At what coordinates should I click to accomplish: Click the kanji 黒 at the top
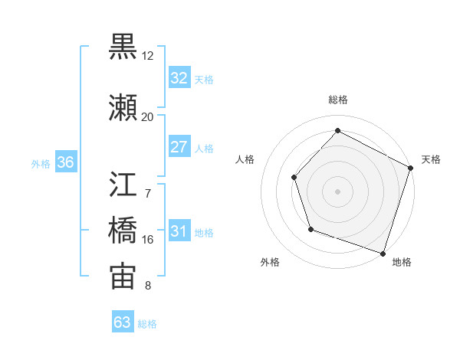coord(123,47)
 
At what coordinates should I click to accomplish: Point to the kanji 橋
coord(123,230)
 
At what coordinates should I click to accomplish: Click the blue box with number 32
coord(179,78)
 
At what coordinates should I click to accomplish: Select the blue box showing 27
coord(179,147)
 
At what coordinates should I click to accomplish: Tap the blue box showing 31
coord(179,232)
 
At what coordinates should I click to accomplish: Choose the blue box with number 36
coord(65,162)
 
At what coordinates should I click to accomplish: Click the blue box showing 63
coord(123,322)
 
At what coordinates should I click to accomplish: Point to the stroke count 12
coord(147,56)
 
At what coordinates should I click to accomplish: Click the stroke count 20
coord(147,116)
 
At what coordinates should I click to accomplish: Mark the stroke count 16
coord(147,240)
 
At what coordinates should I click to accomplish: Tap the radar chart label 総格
coord(338,100)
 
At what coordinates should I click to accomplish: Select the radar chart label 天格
coord(431,159)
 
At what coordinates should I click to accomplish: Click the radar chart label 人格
coord(245,159)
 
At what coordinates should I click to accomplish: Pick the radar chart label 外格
coord(270,263)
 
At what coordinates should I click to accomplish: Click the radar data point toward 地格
coord(383,253)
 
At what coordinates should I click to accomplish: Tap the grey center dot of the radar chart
coord(337,191)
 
